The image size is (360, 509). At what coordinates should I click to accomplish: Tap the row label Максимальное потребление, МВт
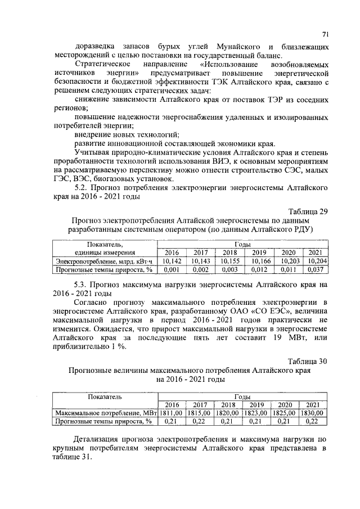(x=105, y=412)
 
